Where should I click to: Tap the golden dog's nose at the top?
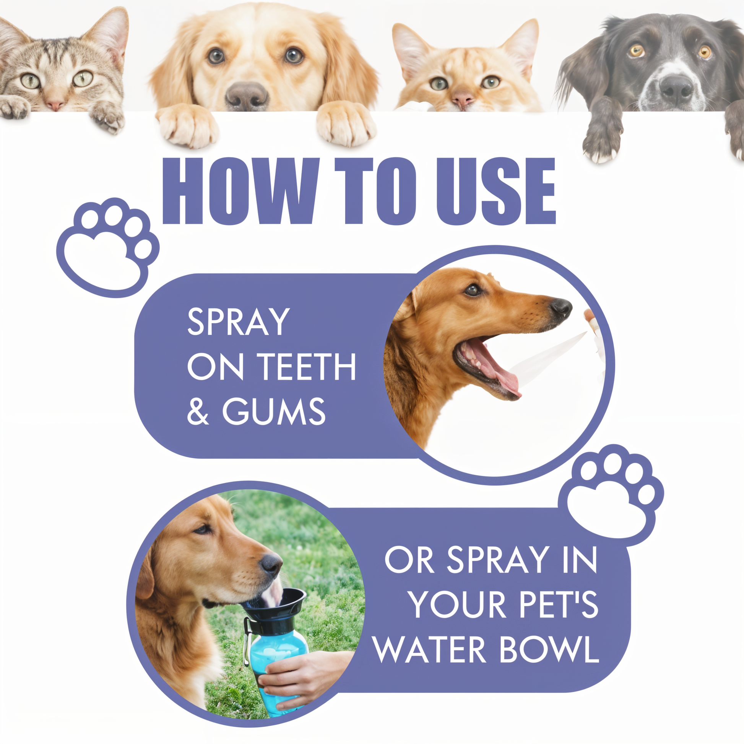point(247,96)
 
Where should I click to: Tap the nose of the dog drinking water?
point(271,565)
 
